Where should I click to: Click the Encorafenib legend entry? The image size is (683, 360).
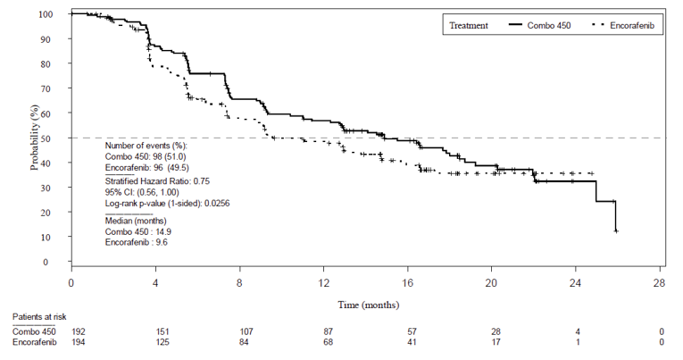point(633,26)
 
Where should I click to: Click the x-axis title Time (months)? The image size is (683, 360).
point(366,305)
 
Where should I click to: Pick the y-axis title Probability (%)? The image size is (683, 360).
point(34,138)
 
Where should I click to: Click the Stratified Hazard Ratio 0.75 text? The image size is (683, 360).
point(162,180)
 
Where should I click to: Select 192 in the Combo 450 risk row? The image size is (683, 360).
point(79,331)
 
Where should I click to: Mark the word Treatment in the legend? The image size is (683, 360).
point(469,26)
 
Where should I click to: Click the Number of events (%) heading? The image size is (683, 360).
point(146,145)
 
